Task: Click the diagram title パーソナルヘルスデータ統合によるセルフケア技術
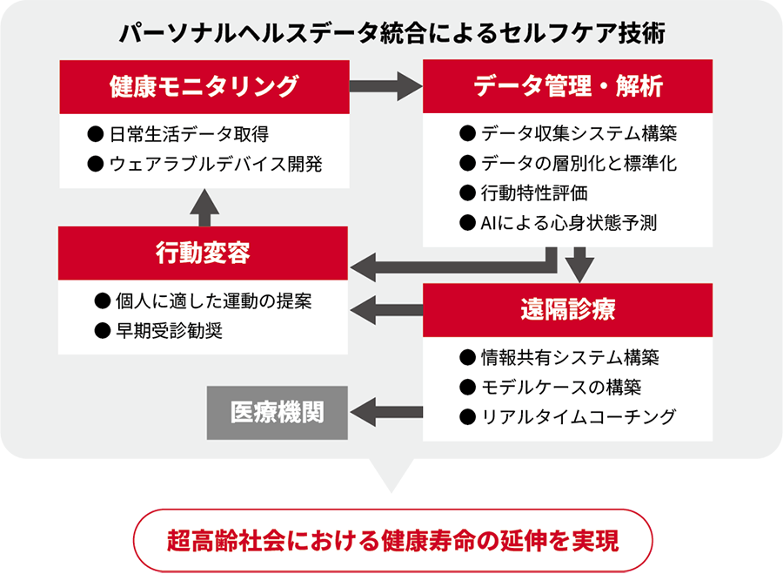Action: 392,34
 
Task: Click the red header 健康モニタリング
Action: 204,85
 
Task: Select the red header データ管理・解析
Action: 568,85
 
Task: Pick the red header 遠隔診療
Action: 568,310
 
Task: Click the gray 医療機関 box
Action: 277,412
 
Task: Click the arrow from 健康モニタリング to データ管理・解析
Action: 385,85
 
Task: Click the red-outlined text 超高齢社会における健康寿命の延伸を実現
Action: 392,541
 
